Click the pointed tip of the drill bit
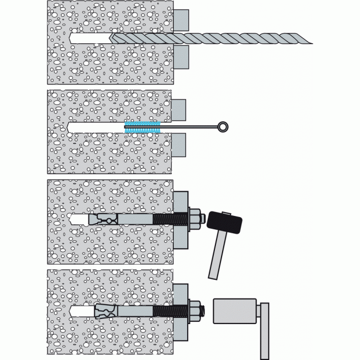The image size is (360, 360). point(111,38)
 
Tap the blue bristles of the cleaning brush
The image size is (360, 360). point(142,127)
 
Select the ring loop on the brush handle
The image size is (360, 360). point(223,127)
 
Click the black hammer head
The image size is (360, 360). point(224,223)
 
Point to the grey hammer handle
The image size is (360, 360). point(217,255)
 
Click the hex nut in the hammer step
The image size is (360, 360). point(194,218)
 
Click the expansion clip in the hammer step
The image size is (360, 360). point(105,219)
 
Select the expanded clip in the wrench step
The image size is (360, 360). point(105,311)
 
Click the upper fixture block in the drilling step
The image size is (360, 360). point(181,20)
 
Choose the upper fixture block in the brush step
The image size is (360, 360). point(178,110)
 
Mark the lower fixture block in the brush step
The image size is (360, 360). point(178,146)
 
